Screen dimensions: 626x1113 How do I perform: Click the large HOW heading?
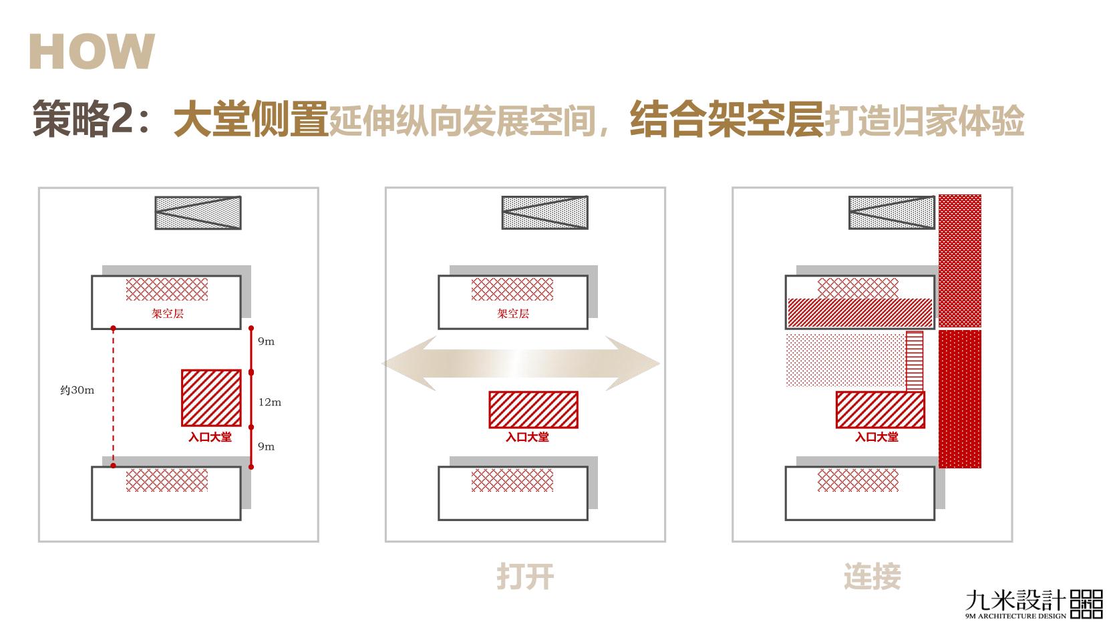coord(92,51)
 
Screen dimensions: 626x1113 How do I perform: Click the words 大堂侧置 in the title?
coord(250,120)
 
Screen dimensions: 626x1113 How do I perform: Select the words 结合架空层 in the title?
coord(726,120)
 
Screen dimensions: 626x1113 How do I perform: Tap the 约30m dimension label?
coord(77,390)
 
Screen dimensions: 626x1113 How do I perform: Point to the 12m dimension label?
coord(270,402)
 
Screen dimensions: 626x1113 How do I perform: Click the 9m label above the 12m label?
coord(266,341)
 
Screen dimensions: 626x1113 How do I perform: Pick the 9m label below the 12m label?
coord(266,446)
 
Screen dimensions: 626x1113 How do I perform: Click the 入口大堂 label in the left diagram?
coord(210,437)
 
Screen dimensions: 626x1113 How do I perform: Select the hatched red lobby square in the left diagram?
coord(211,398)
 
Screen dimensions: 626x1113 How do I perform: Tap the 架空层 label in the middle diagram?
coord(512,313)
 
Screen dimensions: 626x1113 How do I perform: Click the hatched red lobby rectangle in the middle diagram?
coord(533,410)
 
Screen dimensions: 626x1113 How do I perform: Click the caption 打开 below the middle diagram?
coord(525,577)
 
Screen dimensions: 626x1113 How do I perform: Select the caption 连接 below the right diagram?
coord(872,577)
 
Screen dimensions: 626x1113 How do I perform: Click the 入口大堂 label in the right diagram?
coord(877,437)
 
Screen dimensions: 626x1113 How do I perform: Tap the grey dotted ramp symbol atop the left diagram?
coord(198,213)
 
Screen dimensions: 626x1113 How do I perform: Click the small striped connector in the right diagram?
coord(914,361)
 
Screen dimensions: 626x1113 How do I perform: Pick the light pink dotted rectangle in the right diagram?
coord(845,361)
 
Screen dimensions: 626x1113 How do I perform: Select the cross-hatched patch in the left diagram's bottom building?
coord(167,480)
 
